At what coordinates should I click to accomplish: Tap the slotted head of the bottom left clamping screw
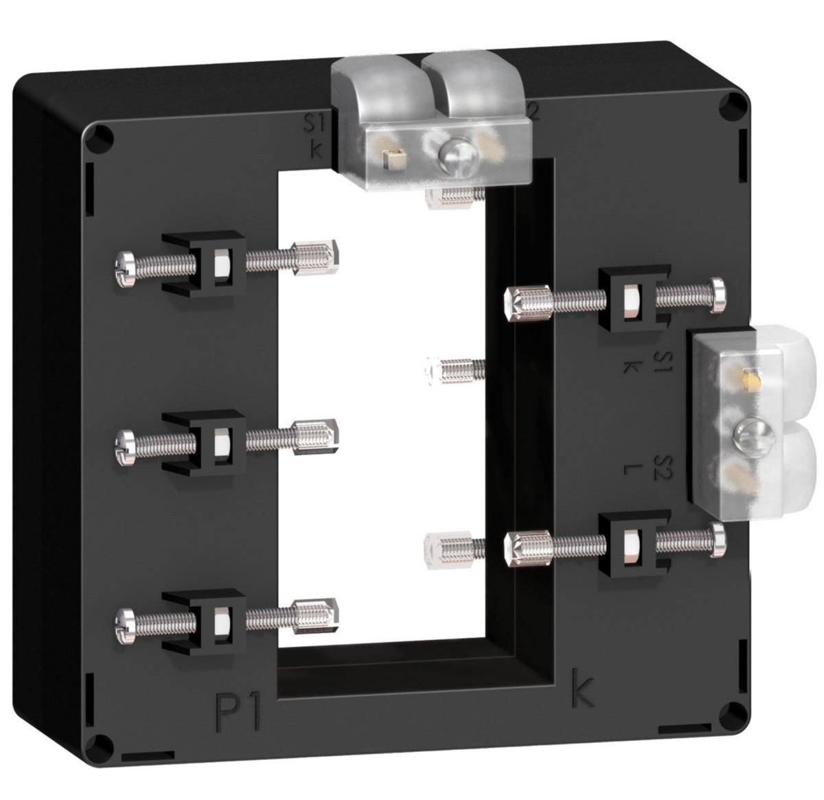[x=125, y=621]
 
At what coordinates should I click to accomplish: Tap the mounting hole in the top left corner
[x=101, y=139]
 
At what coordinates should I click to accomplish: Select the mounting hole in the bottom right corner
[x=735, y=711]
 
